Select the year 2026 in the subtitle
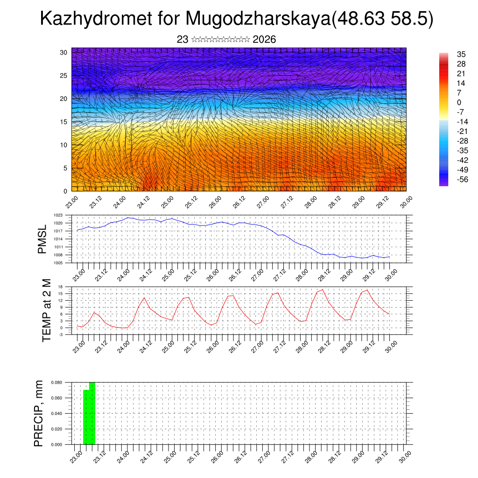click(264, 40)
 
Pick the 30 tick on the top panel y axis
click(63, 52)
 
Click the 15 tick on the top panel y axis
click(63, 122)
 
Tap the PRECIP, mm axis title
click(39, 413)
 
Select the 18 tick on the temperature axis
click(60, 287)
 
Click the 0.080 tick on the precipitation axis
click(57, 382)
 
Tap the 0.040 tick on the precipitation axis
click(57, 414)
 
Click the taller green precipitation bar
click(92, 414)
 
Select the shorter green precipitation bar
click(86, 417)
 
